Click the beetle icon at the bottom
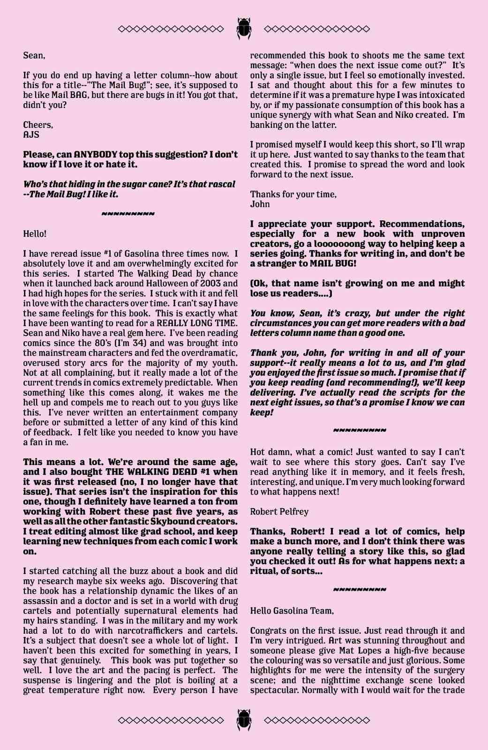point(244,720)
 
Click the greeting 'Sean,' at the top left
point(34,55)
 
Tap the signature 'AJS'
point(31,135)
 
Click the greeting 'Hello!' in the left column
point(35,233)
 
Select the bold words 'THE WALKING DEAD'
point(152,472)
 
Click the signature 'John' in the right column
point(260,204)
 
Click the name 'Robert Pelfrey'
point(279,511)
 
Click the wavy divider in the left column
point(128,214)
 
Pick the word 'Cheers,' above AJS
point(38,125)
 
